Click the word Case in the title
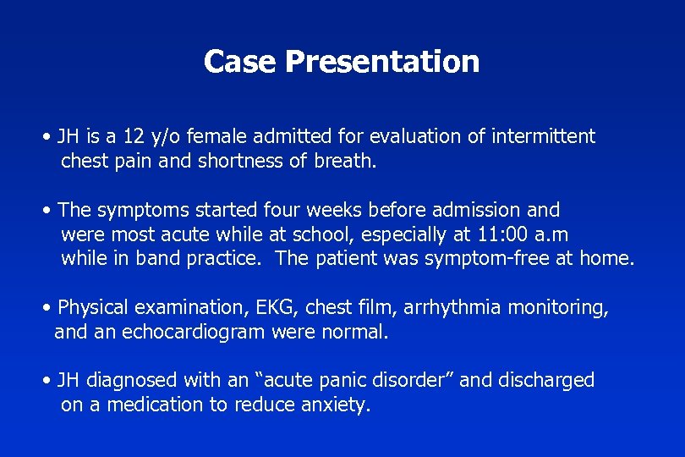[x=241, y=62]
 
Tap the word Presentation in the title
[x=382, y=62]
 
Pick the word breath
[x=345, y=161]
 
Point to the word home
[x=606, y=259]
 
